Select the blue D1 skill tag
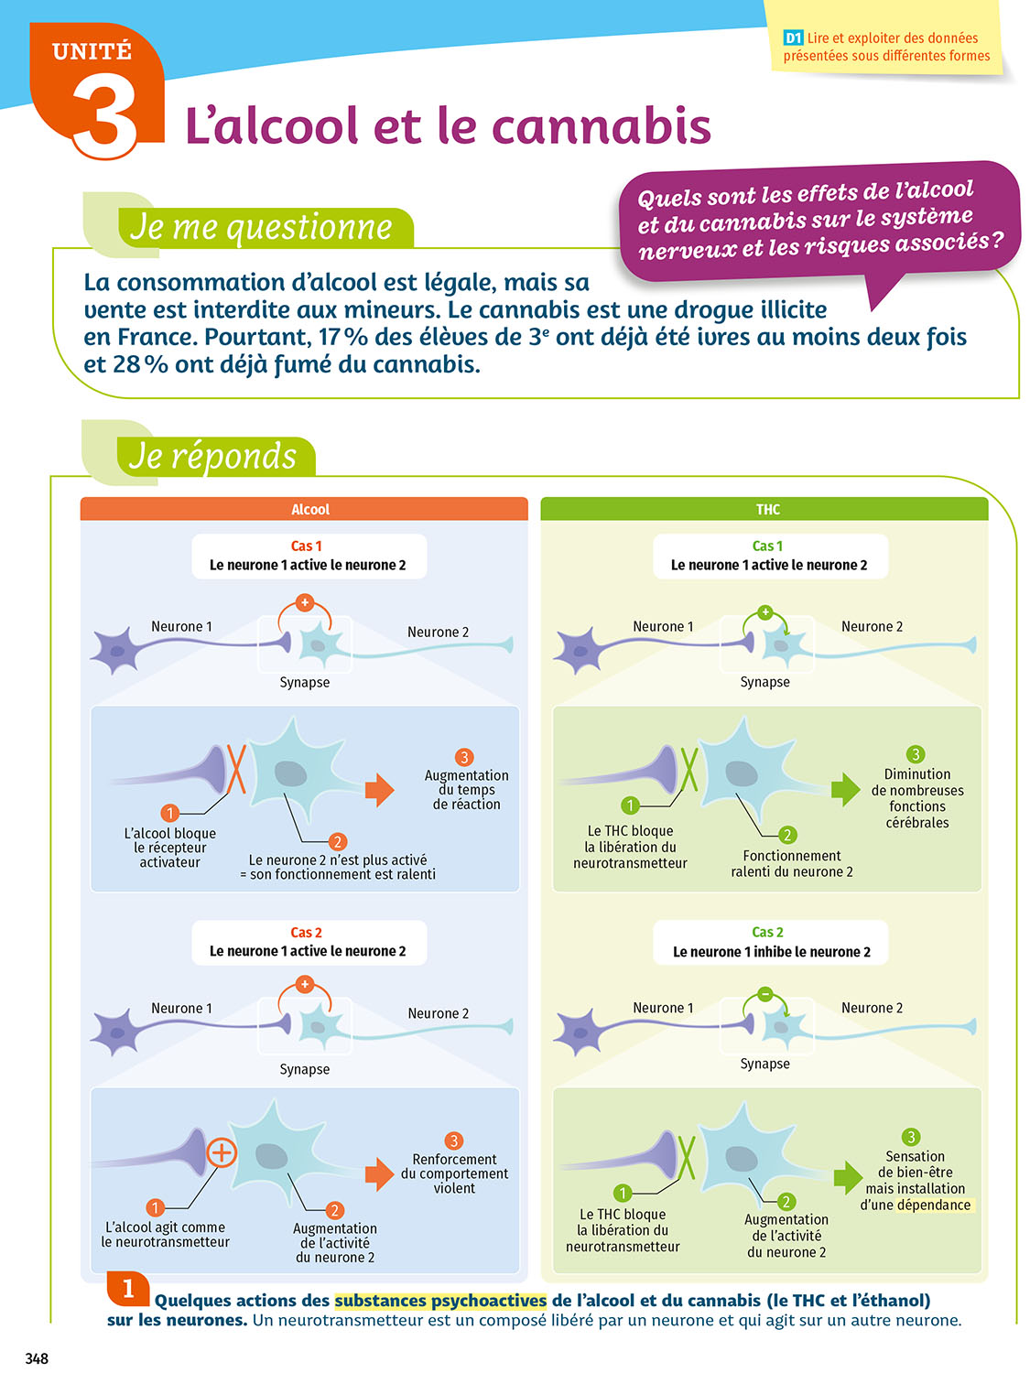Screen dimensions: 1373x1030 pyautogui.click(x=793, y=38)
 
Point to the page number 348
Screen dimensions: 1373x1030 pyautogui.click(x=37, y=1357)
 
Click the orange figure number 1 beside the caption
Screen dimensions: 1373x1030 pyautogui.click(x=127, y=1289)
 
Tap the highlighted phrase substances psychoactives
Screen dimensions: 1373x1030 pyautogui.click(x=440, y=1301)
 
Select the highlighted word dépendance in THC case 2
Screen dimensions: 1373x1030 pyautogui.click(x=935, y=1205)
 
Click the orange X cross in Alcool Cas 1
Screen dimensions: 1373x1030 pyautogui.click(x=236, y=769)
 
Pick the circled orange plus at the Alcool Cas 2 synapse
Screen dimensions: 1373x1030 pyautogui.click(x=222, y=1151)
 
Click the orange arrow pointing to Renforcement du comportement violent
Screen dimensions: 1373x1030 pyautogui.click(x=378, y=1173)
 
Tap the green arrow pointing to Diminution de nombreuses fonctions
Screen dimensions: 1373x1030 pyautogui.click(x=845, y=789)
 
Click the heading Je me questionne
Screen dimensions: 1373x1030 pyautogui.click(x=261, y=228)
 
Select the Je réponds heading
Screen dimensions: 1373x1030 pyautogui.click(x=213, y=456)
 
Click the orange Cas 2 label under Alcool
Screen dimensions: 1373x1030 pyautogui.click(x=306, y=932)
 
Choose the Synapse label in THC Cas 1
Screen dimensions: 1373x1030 pyautogui.click(x=764, y=682)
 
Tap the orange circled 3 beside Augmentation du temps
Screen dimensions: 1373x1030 pyautogui.click(x=464, y=757)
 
